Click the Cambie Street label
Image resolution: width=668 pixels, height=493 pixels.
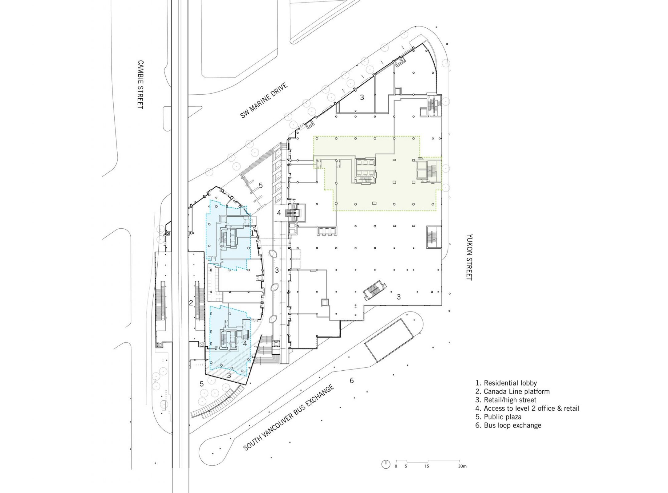[x=140, y=84]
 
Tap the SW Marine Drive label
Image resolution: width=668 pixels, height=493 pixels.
[x=264, y=100]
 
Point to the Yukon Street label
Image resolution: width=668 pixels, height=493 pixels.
[x=469, y=257]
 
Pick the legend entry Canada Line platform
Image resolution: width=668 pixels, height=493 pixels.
[x=512, y=392]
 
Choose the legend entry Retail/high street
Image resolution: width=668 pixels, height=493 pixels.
[x=506, y=400]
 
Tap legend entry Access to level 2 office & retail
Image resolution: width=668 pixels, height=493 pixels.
[x=527, y=409]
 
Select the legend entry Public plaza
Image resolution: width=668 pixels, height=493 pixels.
[x=498, y=417]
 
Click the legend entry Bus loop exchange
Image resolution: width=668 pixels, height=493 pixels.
[x=508, y=426]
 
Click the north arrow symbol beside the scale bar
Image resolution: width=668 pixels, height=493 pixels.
[x=385, y=464]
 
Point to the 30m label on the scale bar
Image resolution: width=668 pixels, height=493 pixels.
[x=462, y=466]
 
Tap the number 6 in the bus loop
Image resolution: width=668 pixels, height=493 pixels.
[x=351, y=381]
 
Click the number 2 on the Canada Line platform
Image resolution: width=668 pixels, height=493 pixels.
[x=191, y=303]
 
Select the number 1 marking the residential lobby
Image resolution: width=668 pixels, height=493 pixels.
[x=253, y=234]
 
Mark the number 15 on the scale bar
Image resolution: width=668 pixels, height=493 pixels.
[x=426, y=466]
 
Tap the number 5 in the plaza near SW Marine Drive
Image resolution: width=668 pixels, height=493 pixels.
[x=261, y=185]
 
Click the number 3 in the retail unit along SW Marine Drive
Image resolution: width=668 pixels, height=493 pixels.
[x=362, y=97]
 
